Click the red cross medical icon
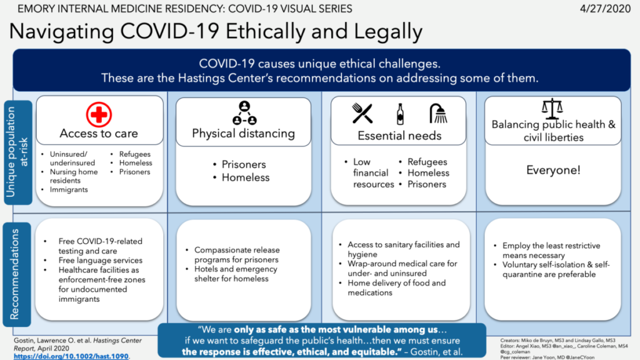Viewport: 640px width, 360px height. point(99,115)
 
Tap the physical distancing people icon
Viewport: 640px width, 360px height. point(244,112)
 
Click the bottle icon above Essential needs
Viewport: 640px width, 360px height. point(400,114)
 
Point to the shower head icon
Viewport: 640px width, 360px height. point(438,113)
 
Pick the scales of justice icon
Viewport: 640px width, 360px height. point(552,108)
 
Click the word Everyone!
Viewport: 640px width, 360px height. point(553,170)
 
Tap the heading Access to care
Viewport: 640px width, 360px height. point(99,133)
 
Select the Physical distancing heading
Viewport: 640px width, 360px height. point(243,133)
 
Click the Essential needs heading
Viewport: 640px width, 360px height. point(399,135)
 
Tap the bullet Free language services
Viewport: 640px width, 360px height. point(100,260)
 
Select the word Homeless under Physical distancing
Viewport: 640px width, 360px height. point(246,177)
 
